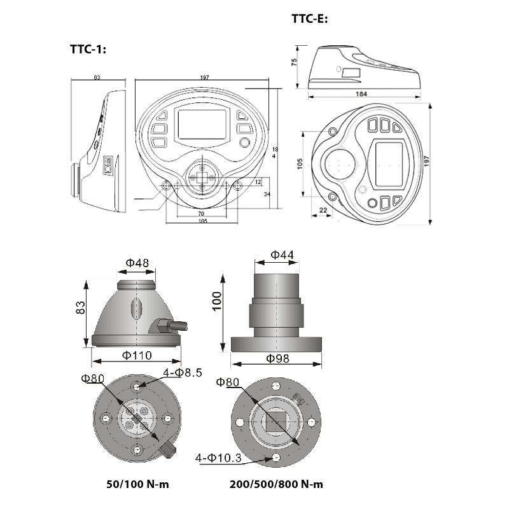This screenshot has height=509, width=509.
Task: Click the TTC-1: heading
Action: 88,50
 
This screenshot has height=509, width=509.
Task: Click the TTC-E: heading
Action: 310,18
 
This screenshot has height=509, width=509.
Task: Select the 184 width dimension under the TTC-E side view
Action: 361,94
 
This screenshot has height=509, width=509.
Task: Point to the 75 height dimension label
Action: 294,62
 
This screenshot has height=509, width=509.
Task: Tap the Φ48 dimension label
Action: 137,262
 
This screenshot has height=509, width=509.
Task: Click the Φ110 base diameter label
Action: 137,356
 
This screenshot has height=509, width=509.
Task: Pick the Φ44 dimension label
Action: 282,255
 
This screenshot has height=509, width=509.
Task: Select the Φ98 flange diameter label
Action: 277,358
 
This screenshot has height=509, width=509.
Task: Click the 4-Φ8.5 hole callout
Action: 183,373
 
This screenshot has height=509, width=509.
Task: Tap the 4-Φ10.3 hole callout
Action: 218,457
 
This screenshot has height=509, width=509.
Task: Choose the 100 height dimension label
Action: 217,301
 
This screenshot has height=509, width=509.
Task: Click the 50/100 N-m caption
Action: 137,484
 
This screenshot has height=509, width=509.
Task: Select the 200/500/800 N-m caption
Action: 276,484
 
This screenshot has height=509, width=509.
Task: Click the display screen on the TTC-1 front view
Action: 202,124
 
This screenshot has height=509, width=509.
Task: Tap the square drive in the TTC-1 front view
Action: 202,178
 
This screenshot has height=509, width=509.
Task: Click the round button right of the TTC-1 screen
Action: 244,143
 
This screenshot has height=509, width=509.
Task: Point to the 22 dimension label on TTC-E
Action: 323,210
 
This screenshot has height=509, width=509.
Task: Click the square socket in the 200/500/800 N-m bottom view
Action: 277,422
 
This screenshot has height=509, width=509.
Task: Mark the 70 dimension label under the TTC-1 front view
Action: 201,214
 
